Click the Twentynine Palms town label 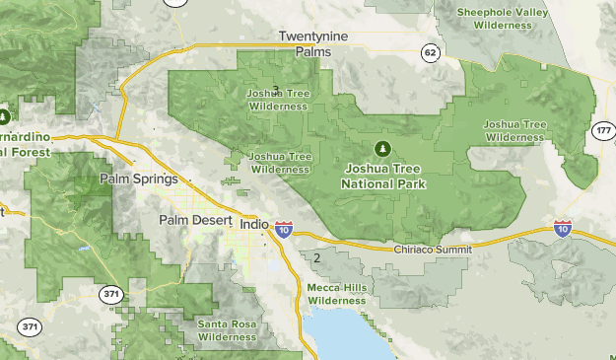pos(314,43)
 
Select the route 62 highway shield pos(429,49)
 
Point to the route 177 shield pos(603,131)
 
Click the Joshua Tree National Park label pos(381,177)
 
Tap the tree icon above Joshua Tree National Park pos(382,149)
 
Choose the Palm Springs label pos(139,180)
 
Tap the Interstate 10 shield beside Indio pos(284,230)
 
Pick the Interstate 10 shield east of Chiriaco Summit pos(563,229)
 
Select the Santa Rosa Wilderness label pos(228,330)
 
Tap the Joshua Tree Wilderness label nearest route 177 pos(513,131)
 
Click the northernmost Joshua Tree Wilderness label pos(276,99)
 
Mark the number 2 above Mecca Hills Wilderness pos(317,258)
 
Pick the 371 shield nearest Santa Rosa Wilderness pos(110,293)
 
